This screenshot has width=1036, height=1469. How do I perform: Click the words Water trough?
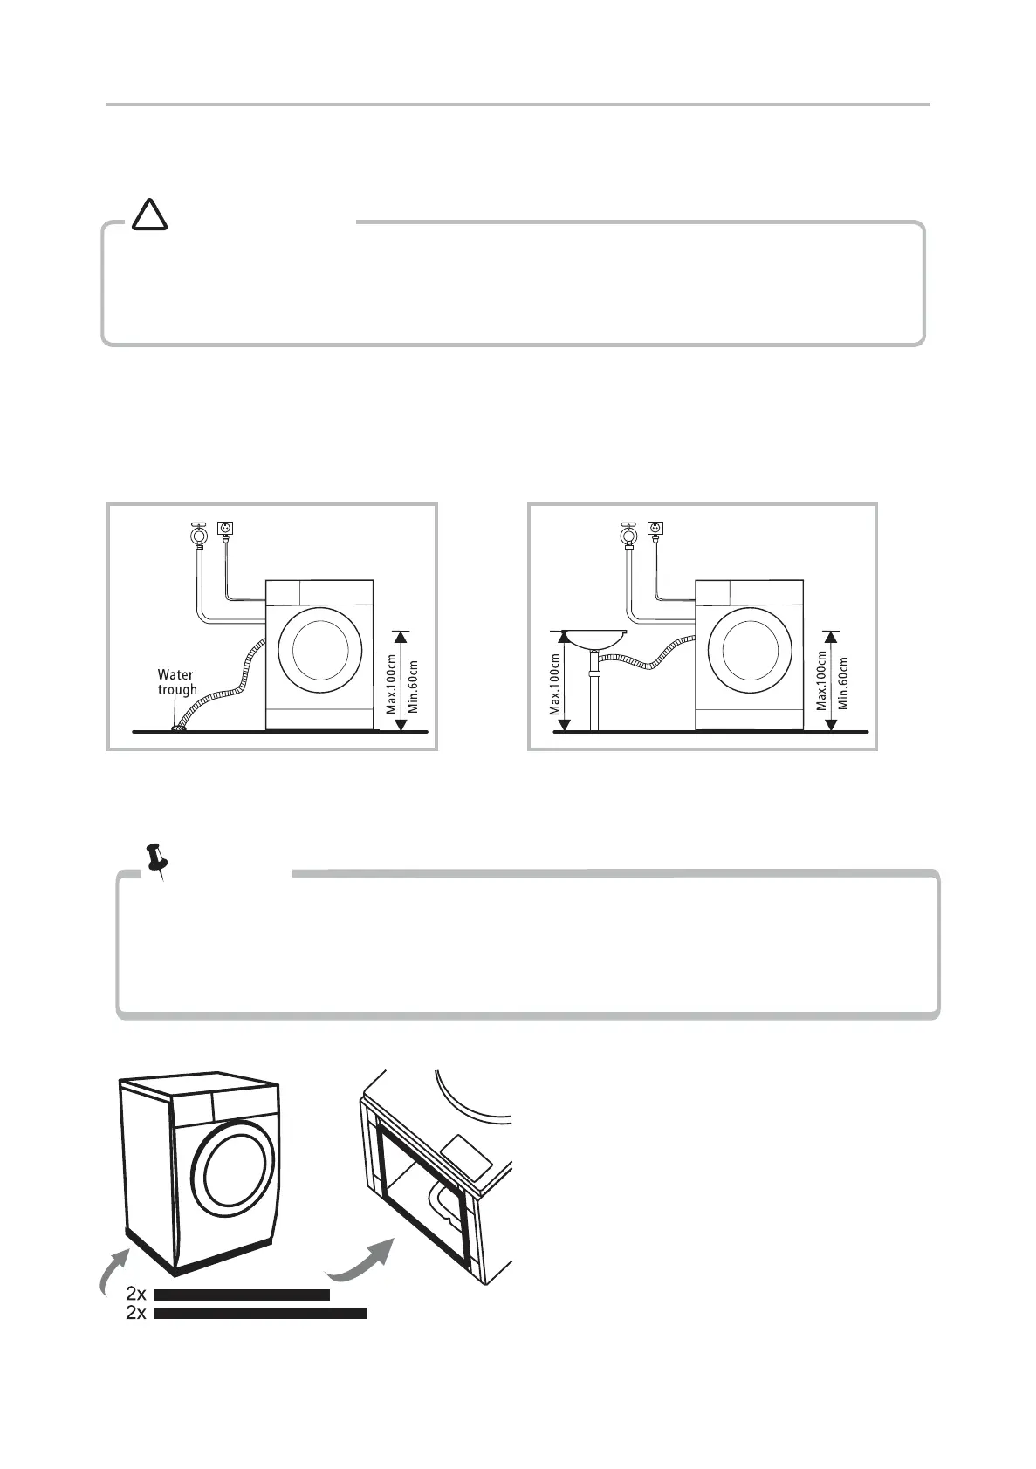pyautogui.click(x=176, y=681)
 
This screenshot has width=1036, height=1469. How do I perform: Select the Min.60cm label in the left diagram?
pyautogui.click(x=413, y=685)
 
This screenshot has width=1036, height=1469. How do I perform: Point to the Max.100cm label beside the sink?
pyautogui.click(x=555, y=685)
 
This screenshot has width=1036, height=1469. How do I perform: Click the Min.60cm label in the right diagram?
pyautogui.click(x=843, y=685)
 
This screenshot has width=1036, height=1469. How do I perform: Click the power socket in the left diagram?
pyautogui.click(x=226, y=529)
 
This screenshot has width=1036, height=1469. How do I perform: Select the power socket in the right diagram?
pyautogui.click(x=655, y=529)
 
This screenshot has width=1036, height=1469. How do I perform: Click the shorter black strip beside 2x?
pyautogui.click(x=242, y=1295)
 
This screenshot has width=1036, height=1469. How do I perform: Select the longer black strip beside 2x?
pyautogui.click(x=260, y=1313)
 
